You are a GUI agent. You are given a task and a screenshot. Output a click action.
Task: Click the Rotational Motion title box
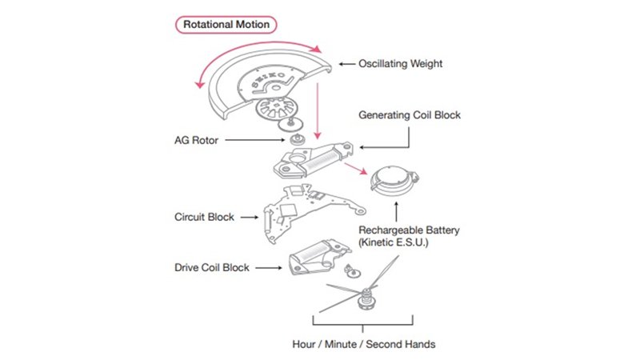point(227,24)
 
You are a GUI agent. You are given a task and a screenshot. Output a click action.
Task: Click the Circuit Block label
point(206,217)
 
